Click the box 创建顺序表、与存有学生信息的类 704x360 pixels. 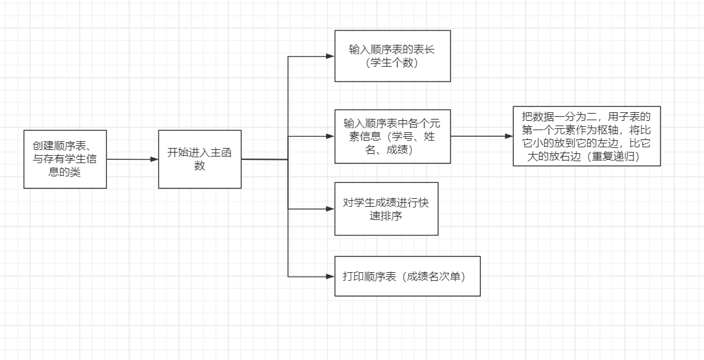[65, 159]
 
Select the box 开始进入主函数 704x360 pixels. [199, 159]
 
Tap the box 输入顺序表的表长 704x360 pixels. [392, 55]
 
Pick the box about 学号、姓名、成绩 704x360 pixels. [392, 136]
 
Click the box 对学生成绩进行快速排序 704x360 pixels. [386, 209]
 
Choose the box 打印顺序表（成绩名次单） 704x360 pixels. [407, 276]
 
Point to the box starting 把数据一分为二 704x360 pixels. [586, 136]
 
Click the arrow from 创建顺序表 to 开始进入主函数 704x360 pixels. [132, 159]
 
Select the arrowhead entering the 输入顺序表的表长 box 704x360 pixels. [330, 56]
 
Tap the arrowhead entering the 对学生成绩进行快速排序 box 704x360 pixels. [330, 209]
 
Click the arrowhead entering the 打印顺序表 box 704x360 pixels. [330, 276]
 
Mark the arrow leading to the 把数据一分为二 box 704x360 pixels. [482, 136]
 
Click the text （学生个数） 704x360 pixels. [392, 63]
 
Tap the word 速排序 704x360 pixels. [386, 215]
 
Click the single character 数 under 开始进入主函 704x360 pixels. [199, 166]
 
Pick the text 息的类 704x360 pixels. [65, 173]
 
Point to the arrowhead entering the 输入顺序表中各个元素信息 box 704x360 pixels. [330, 136]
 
